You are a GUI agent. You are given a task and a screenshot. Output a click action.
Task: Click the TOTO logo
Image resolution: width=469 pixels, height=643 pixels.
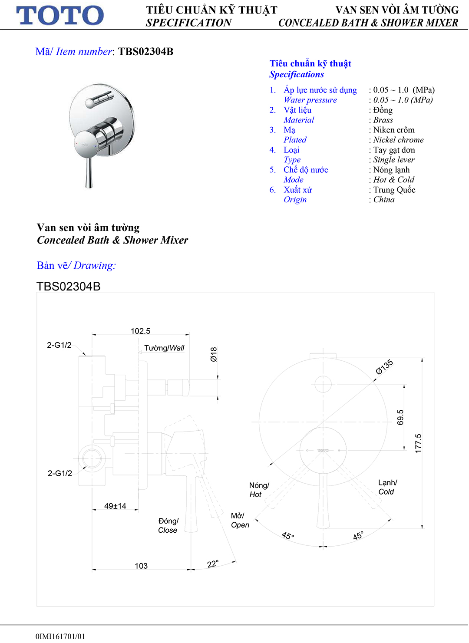(x=60, y=16)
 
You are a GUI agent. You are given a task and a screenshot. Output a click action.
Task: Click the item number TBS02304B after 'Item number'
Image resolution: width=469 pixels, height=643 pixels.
(x=145, y=52)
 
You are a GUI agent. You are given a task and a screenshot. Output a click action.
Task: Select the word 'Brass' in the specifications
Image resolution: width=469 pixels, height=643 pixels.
(x=383, y=120)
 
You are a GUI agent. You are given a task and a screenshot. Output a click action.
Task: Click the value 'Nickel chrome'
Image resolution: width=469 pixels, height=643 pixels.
(x=398, y=140)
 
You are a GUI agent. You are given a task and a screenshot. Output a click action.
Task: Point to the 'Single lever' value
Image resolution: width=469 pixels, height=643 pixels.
(x=394, y=160)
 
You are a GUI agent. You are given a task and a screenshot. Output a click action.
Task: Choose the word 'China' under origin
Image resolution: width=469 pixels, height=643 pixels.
(x=384, y=200)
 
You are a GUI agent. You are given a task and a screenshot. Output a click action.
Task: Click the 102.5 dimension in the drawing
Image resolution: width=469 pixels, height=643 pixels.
(x=140, y=331)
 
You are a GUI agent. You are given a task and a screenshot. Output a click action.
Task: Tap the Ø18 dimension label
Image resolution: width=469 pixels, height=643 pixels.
(x=214, y=354)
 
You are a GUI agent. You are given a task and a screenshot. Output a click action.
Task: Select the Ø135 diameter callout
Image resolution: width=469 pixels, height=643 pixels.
(x=384, y=367)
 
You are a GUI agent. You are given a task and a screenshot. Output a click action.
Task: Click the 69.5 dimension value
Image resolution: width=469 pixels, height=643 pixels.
(x=400, y=417)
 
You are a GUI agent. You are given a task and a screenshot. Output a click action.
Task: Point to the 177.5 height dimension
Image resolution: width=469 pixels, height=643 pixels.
(x=418, y=444)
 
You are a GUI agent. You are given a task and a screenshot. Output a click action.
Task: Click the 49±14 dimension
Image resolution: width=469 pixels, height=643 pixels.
(x=115, y=506)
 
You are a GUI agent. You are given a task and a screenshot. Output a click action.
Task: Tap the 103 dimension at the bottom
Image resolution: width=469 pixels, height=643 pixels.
(x=141, y=566)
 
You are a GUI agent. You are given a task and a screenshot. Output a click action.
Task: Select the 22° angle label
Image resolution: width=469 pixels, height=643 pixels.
(x=212, y=564)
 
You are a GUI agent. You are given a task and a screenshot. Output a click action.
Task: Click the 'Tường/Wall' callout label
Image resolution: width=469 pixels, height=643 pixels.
(x=164, y=348)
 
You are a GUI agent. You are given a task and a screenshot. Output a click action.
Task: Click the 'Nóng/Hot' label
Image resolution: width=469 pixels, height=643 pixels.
(x=259, y=490)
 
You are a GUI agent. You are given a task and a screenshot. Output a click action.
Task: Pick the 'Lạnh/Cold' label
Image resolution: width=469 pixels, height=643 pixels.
(x=387, y=487)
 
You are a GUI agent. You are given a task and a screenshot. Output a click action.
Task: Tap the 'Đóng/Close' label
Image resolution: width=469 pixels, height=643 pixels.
(x=168, y=526)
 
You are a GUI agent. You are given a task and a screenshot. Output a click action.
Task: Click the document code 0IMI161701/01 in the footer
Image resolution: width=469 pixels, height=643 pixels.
(x=60, y=636)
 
